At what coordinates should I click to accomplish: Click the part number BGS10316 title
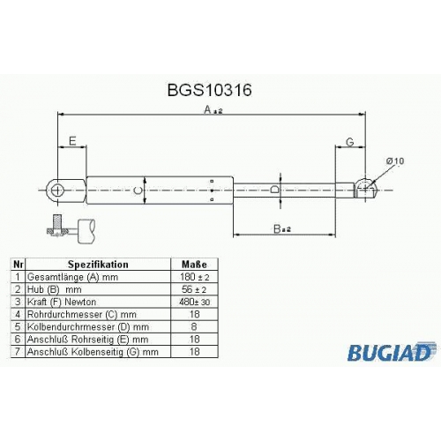click(x=209, y=90)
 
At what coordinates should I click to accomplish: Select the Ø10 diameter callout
click(x=395, y=161)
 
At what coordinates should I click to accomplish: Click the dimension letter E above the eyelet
click(x=72, y=141)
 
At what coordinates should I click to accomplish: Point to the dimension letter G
click(x=350, y=142)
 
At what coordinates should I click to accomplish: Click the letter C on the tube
click(x=138, y=191)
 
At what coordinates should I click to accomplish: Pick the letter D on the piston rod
click(x=274, y=190)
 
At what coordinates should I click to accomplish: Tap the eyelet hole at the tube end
click(x=57, y=191)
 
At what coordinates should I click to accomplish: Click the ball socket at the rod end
click(x=366, y=188)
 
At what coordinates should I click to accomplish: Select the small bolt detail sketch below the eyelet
click(x=71, y=228)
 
